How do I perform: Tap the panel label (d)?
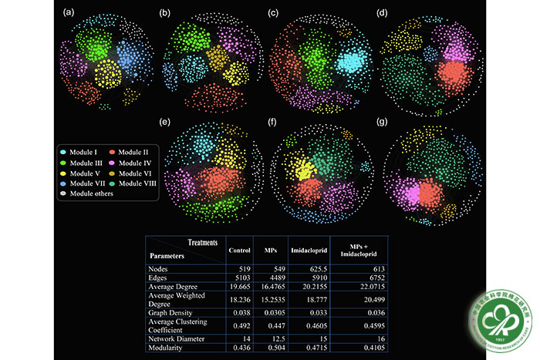click(x=379, y=12)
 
